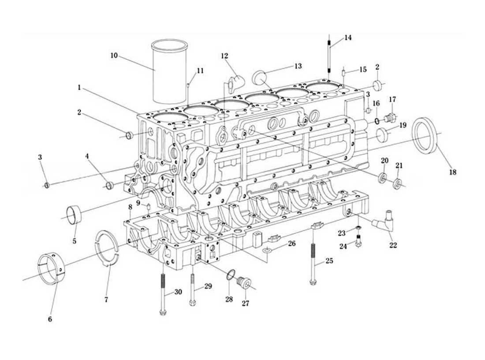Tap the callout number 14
click(x=348, y=38)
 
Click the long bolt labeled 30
click(x=163, y=294)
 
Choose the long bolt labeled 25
click(x=313, y=263)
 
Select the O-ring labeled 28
click(x=230, y=275)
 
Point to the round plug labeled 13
click(x=259, y=77)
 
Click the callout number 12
click(x=224, y=56)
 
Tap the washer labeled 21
click(x=397, y=184)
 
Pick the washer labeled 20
click(x=383, y=178)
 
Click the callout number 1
click(x=79, y=88)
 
